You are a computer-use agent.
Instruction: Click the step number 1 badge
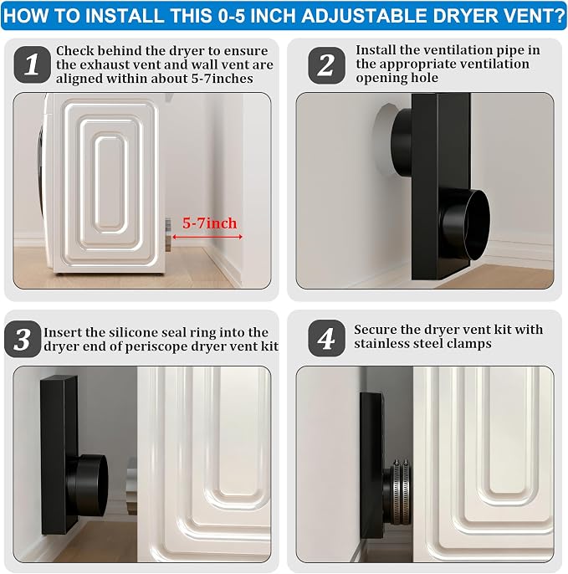[32, 64]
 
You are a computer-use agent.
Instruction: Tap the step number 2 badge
[326, 65]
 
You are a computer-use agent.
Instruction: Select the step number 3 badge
[23, 339]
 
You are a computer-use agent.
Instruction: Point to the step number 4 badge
[326, 338]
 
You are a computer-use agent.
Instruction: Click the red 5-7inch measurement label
[210, 223]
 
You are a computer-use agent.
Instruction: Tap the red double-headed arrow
[207, 238]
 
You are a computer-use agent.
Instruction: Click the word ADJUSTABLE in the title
[347, 16]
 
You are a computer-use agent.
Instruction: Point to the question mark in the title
[560, 16]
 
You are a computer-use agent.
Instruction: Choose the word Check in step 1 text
[74, 50]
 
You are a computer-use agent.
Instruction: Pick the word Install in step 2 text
[376, 50]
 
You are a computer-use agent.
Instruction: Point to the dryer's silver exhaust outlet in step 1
[168, 234]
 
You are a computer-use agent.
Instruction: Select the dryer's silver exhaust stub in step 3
[132, 485]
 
